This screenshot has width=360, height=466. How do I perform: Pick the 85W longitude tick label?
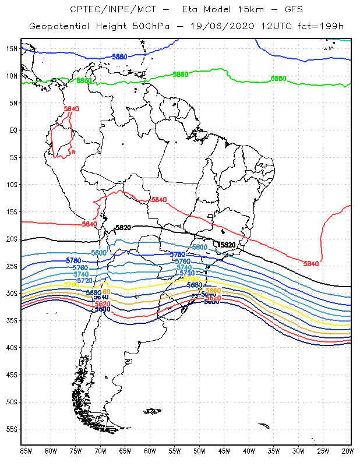coord(26,450)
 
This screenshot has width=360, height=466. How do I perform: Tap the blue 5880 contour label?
coord(119,57)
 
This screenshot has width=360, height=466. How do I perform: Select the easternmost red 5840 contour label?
coord(311,264)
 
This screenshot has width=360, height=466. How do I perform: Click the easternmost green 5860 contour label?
coord(278,79)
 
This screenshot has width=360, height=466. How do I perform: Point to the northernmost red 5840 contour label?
coord(71,109)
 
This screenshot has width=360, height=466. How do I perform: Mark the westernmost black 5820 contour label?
coord(123,228)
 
